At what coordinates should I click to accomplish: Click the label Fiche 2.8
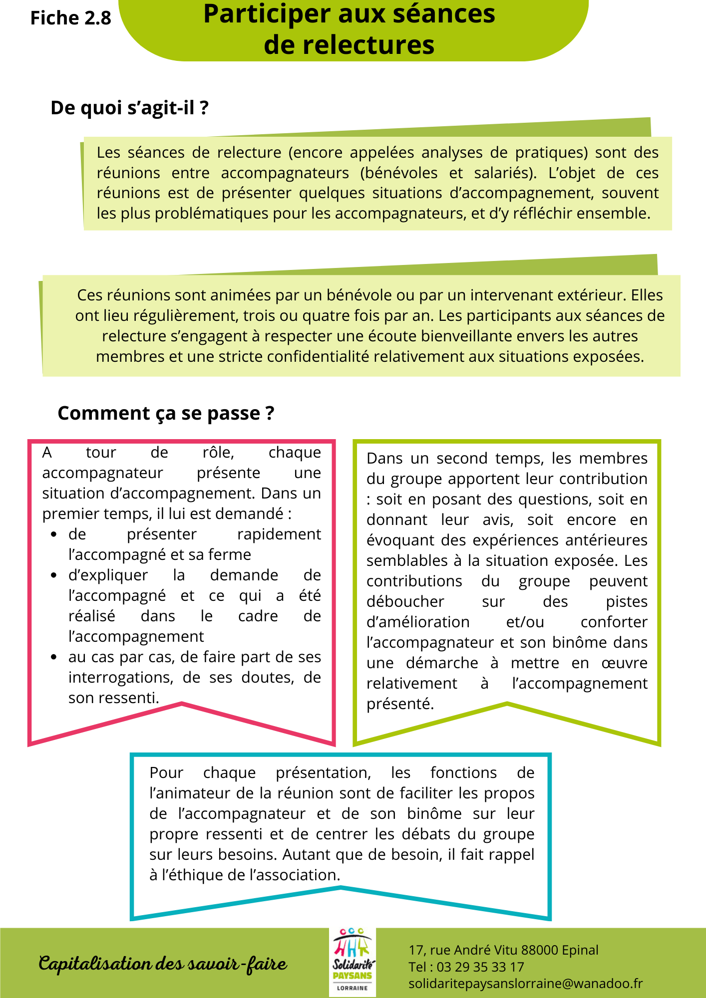coord(70,18)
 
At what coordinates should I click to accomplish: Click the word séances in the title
coord(443,14)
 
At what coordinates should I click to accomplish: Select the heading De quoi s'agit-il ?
coord(129,108)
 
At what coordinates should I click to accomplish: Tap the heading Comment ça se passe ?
coord(166,413)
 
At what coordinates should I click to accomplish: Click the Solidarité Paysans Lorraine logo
coord(353,962)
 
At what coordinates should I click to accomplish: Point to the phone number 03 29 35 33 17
coord(480,967)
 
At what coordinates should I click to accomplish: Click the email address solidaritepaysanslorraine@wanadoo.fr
coord(525,984)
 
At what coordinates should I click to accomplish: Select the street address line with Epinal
coord(503,950)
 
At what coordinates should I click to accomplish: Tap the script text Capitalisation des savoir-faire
coord(163,963)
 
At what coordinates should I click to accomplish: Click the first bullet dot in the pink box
coord(54,534)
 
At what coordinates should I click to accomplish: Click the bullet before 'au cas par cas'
coord(54,657)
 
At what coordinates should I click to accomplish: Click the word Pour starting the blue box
coord(166,773)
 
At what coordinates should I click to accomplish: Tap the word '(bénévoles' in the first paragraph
coord(398,173)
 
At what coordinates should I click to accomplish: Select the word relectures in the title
coord(349,45)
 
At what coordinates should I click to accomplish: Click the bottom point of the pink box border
coord(182,704)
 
